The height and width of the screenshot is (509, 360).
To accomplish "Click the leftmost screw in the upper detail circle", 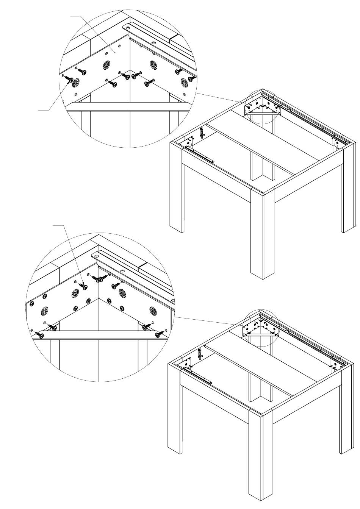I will (69, 79).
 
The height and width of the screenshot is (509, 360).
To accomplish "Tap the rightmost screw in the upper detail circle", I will (192, 78).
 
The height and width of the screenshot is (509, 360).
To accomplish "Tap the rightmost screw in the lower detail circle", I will (159, 334).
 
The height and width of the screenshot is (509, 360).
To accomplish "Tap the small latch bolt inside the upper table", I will (202, 132).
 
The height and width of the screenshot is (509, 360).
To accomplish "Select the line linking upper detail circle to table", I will (220, 97).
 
